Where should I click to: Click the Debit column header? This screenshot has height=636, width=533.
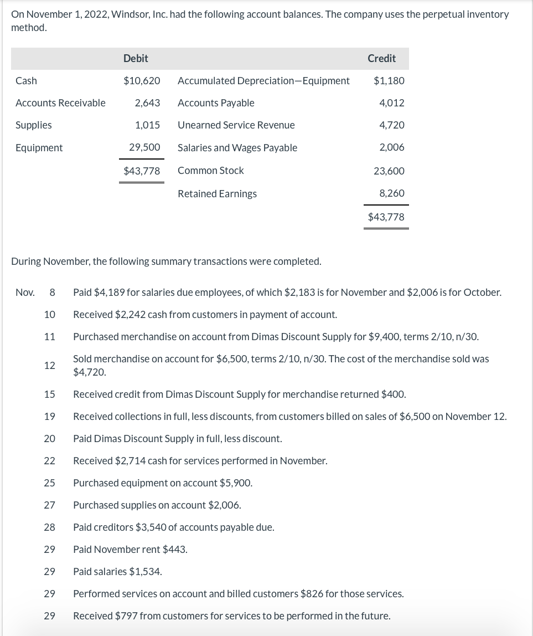point(136,58)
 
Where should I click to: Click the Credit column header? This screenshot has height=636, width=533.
point(381,58)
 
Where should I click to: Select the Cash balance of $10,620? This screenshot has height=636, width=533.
point(142,81)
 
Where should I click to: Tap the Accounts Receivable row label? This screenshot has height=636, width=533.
point(60,103)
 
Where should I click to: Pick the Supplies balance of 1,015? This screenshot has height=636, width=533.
point(147,125)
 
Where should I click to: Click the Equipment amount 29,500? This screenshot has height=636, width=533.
point(144,148)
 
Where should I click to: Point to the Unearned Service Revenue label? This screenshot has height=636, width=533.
point(236,125)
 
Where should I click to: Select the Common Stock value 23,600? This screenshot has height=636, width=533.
point(389,171)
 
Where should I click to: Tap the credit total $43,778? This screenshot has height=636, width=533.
point(386,217)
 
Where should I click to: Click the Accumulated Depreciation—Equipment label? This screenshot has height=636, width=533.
point(263,81)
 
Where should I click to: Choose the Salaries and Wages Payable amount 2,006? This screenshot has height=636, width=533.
point(391,147)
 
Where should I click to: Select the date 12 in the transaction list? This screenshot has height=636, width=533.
point(49,366)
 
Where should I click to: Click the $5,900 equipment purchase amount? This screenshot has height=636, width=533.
point(237,483)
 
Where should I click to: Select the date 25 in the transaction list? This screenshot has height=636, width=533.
point(49,483)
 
